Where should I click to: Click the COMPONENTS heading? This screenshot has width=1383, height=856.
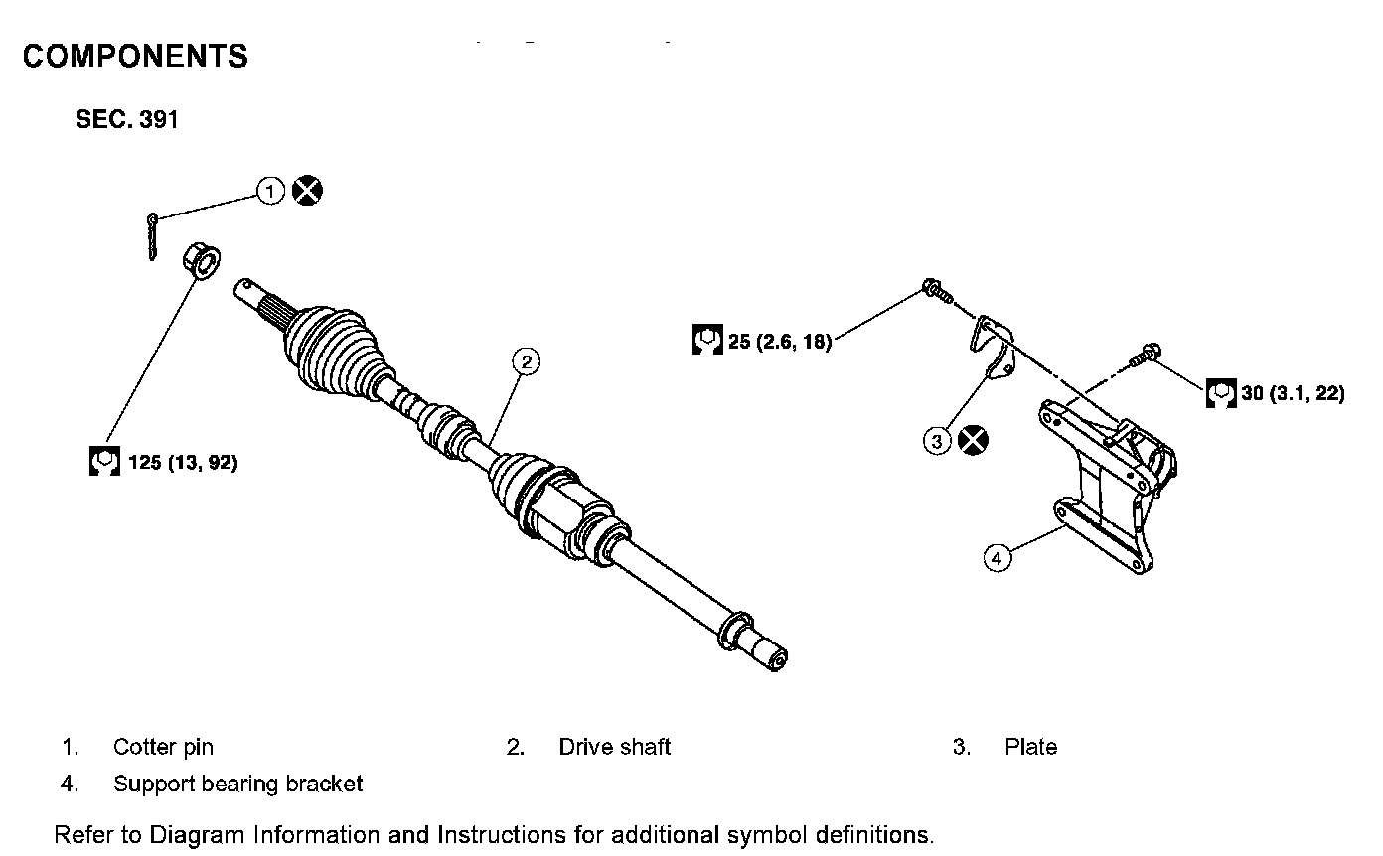[135, 57]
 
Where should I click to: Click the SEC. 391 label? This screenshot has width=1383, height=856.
[126, 120]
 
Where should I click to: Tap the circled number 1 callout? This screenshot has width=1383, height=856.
[270, 190]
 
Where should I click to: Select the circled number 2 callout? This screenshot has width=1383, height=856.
[527, 361]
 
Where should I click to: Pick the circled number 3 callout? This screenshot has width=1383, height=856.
[938, 439]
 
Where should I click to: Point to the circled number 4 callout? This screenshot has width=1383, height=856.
[997, 557]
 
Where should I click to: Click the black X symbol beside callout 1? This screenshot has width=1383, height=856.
[307, 190]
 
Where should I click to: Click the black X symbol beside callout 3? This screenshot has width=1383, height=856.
[974, 439]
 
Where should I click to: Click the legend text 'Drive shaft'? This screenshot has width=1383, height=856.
[615, 747]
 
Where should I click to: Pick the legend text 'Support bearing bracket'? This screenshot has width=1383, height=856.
[238, 784]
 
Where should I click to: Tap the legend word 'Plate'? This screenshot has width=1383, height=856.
[1030, 747]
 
